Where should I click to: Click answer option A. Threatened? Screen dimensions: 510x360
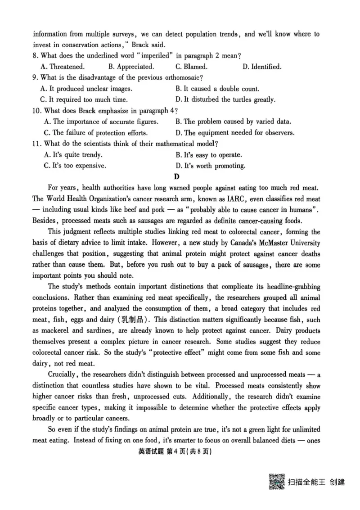(62, 67)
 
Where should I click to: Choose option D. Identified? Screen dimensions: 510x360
(262, 67)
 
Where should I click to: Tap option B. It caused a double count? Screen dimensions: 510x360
(217, 89)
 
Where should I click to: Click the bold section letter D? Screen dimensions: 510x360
(177, 176)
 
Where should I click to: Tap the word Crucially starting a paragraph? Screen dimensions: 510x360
(63, 375)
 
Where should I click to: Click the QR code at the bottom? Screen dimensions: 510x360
(277, 481)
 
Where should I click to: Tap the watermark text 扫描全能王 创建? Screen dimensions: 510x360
(316, 482)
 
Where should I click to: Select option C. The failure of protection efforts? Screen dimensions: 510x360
(96, 133)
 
